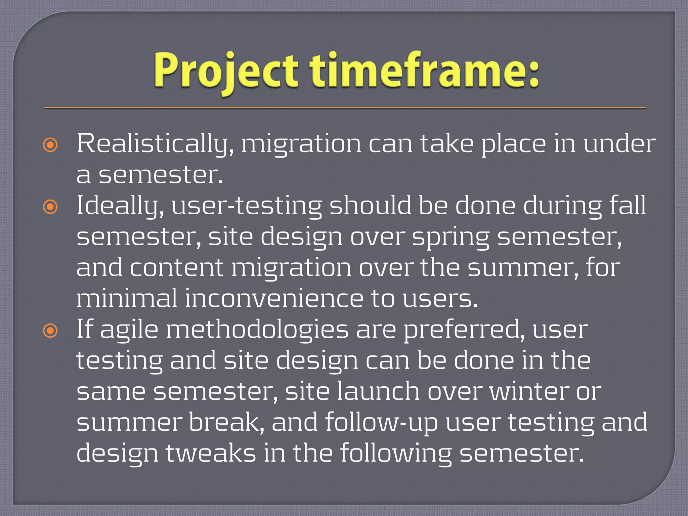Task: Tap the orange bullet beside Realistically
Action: click(50, 145)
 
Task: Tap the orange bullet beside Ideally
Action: click(50, 207)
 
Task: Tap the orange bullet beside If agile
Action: click(50, 331)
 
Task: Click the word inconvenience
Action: click(274, 298)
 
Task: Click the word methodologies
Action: click(257, 330)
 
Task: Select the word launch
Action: click(378, 392)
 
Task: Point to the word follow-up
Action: click(381, 423)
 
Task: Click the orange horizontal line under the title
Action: click(345, 108)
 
